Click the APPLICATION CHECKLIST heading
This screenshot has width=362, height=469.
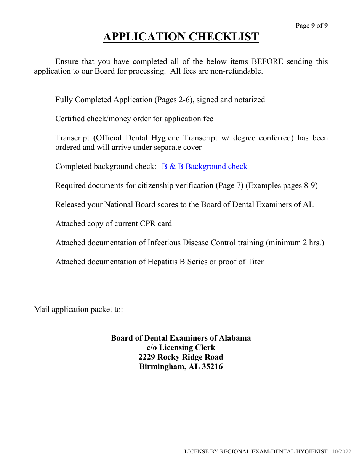coord(181,37)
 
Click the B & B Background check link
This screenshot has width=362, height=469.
coord(204,167)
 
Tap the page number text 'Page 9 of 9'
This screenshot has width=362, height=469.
coord(312,26)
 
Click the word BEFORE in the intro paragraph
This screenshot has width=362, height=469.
coord(267,62)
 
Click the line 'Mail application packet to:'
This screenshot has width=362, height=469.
coord(78,309)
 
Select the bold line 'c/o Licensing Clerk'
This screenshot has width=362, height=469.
coord(181,347)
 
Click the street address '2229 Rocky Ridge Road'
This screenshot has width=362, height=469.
coord(181,357)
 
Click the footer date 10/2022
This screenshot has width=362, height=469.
coord(341,451)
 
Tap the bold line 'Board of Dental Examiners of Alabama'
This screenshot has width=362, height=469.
coord(181,338)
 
